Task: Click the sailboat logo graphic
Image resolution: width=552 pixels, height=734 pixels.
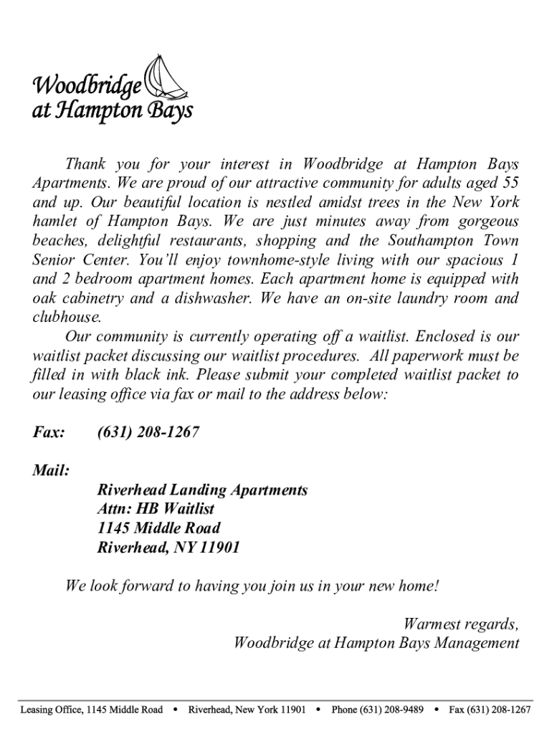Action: pos(167,78)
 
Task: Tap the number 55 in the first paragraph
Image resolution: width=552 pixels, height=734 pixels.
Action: pos(510,183)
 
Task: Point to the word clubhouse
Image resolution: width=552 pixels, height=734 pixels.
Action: pos(67,317)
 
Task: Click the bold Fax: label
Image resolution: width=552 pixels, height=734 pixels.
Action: pos(49,432)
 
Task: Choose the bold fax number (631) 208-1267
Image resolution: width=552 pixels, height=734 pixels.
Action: pos(148,432)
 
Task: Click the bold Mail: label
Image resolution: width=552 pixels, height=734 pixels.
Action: pos(51,471)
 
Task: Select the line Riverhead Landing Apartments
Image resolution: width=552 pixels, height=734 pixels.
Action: pos(202,490)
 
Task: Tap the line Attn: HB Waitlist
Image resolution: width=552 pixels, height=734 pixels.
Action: pos(156,509)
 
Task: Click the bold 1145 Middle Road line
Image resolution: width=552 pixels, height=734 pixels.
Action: pos(158,528)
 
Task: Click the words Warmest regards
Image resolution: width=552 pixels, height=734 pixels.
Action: pos(461,624)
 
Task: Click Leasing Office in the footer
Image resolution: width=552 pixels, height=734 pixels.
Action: pos(51,710)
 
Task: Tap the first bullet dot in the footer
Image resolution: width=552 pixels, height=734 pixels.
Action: pos(175,710)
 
